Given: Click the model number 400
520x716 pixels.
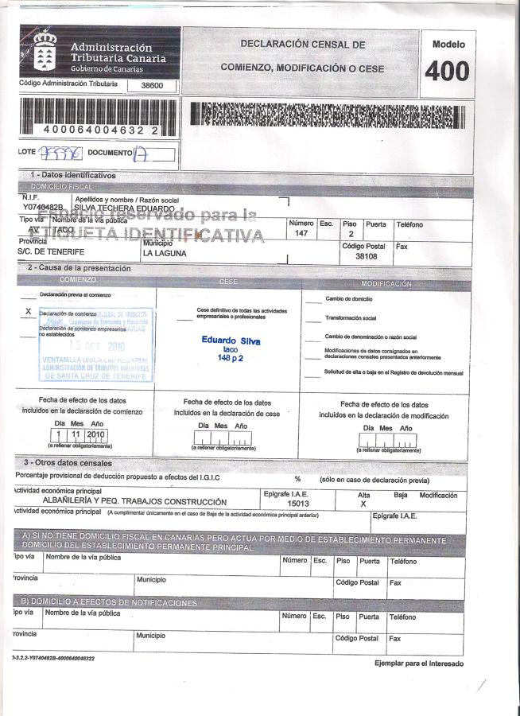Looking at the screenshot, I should (x=448, y=72).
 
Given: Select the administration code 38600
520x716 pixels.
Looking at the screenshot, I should (x=151, y=85).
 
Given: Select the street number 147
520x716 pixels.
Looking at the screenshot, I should (x=301, y=234).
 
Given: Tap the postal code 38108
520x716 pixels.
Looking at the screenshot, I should (x=367, y=257).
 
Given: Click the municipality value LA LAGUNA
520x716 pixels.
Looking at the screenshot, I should (x=165, y=253).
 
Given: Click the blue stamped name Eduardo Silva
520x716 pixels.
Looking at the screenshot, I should (x=231, y=340).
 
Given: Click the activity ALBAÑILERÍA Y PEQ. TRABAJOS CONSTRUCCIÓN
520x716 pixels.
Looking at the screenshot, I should (x=134, y=502).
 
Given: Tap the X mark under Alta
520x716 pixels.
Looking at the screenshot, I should (x=363, y=504).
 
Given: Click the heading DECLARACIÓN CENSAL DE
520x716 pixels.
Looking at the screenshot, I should (x=303, y=45).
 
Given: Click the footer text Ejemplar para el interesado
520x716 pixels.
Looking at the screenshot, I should (x=418, y=663).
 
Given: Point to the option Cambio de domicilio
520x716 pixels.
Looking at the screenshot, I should (x=349, y=298).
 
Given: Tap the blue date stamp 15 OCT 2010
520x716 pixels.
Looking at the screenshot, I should (x=97, y=346).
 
